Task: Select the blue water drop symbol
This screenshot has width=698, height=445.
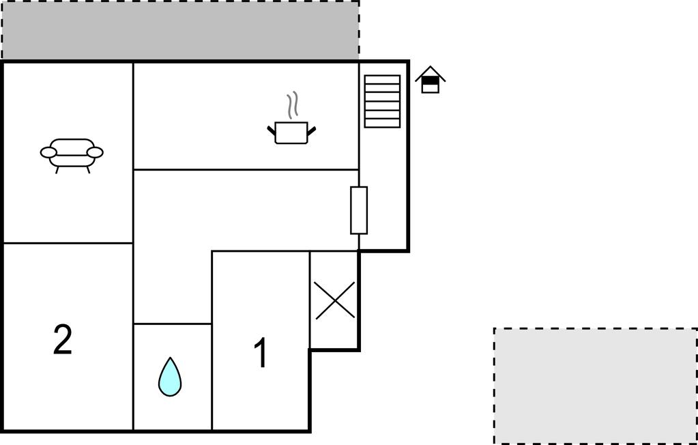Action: click(x=170, y=377)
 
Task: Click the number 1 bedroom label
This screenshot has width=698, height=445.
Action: click(x=261, y=353)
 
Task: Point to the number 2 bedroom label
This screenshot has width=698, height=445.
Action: click(x=63, y=339)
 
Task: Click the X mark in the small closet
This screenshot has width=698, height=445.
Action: click(x=335, y=300)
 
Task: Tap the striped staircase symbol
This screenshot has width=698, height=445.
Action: click(x=382, y=101)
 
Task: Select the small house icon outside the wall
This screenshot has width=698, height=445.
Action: click(x=431, y=80)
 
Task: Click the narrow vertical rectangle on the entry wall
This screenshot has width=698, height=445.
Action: click(x=359, y=210)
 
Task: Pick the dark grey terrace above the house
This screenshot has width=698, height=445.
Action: click(x=180, y=30)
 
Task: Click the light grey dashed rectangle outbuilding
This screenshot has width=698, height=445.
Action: click(x=596, y=386)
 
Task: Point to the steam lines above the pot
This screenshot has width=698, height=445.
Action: click(x=291, y=106)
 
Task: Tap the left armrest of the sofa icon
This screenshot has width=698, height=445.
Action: click(x=48, y=153)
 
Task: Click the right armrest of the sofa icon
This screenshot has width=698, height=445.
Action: click(x=95, y=153)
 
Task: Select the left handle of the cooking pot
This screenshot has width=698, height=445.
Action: click(x=272, y=130)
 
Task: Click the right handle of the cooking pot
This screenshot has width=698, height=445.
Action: click(x=311, y=130)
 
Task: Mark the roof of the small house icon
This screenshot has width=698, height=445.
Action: click(x=431, y=74)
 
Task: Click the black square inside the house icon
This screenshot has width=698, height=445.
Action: click(x=431, y=81)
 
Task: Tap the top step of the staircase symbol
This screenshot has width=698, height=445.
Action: click(x=382, y=79)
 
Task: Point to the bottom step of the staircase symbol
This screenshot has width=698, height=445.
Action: click(x=382, y=123)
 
